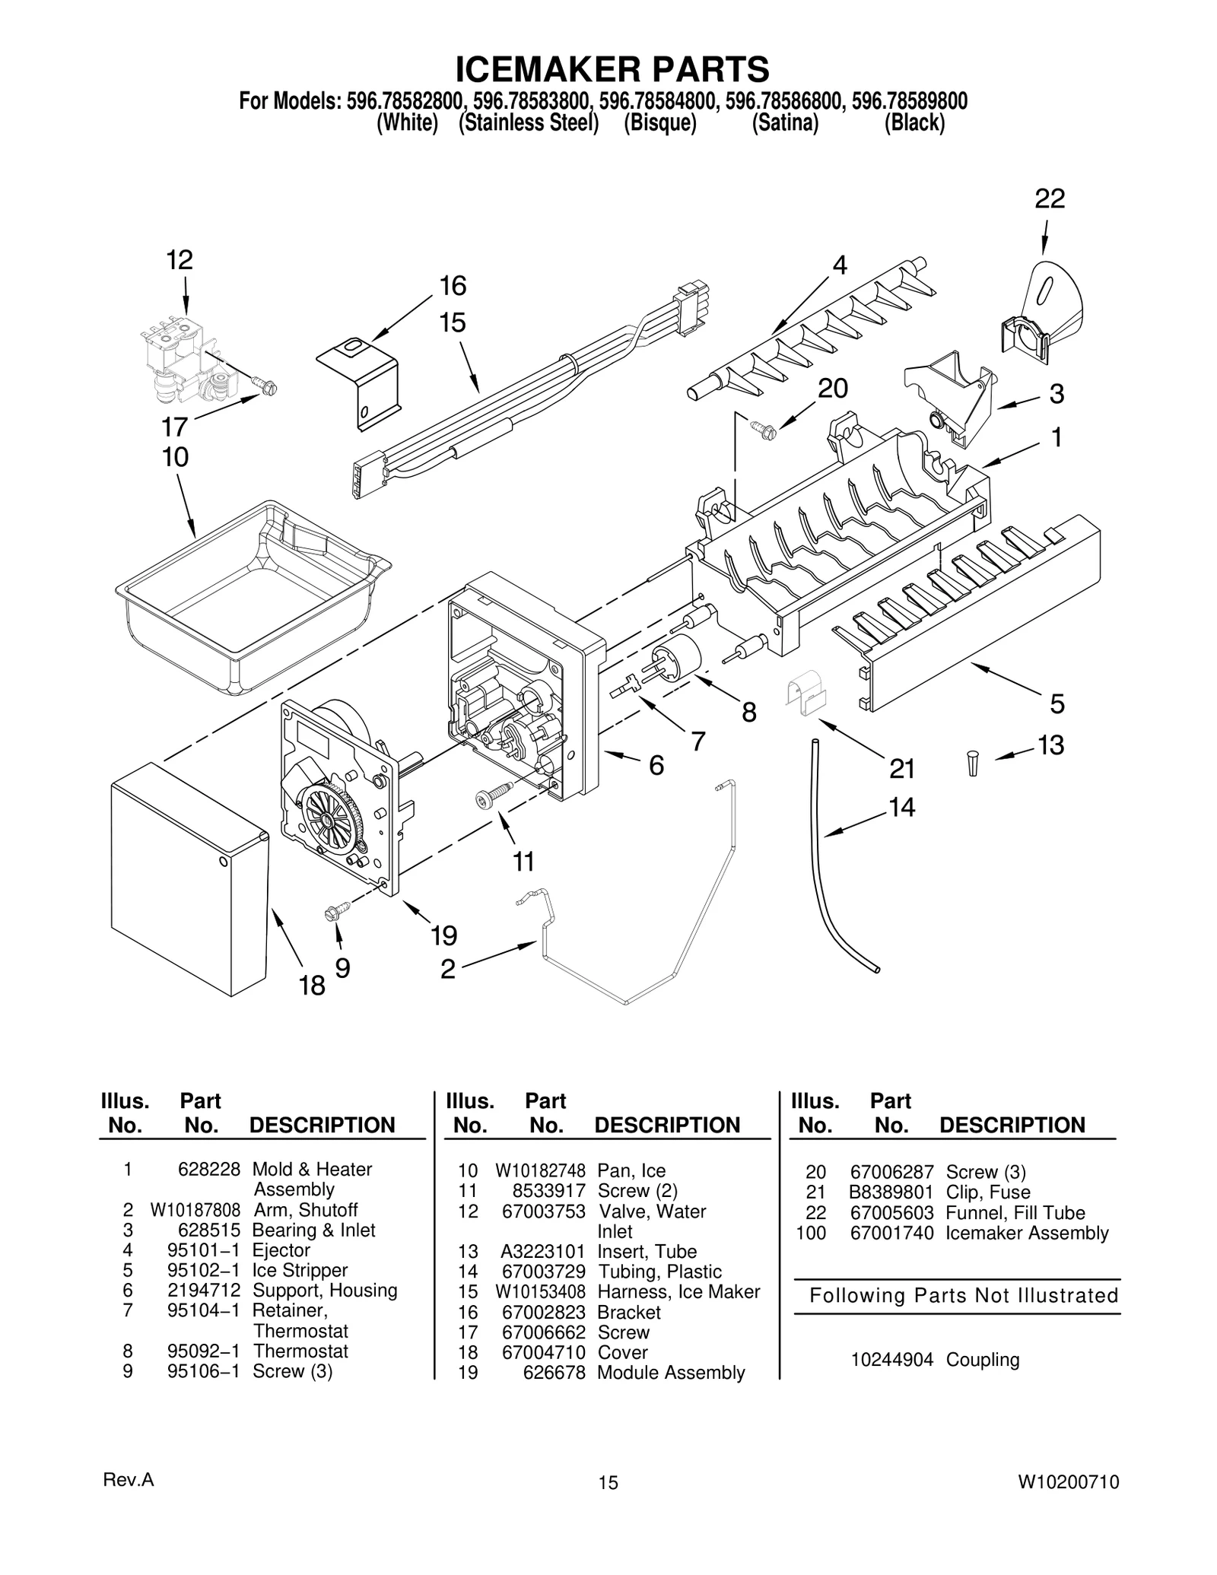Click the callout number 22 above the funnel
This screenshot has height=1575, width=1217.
pos(1050,199)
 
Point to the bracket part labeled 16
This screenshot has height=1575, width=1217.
pos(361,380)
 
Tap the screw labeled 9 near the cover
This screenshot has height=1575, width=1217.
pos(336,910)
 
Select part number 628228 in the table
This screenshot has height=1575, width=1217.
pos(208,1170)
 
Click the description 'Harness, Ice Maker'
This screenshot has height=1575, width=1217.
pos(678,1292)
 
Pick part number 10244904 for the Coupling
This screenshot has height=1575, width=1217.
pos(891,1360)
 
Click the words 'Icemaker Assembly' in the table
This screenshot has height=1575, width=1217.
pos(1027,1234)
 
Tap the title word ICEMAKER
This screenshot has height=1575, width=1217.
pos(537,70)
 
